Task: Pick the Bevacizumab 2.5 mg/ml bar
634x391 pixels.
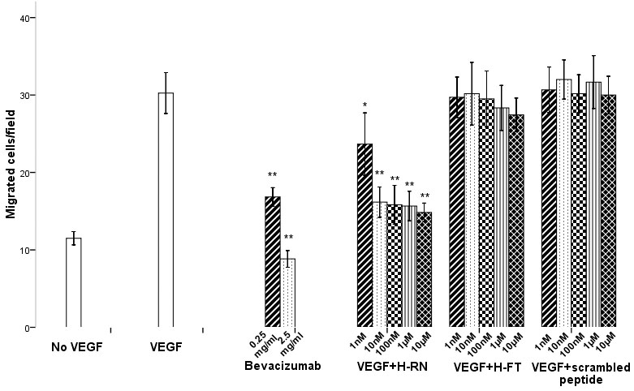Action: (x=287, y=293)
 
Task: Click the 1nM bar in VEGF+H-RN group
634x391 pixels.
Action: (x=364, y=235)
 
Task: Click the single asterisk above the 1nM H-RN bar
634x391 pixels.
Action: (x=365, y=105)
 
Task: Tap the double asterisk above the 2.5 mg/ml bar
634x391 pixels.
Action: (x=288, y=238)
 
